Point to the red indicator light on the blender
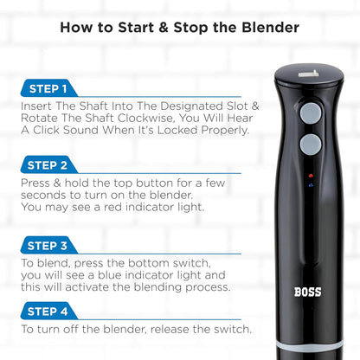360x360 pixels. pyautogui.click(x=310, y=176)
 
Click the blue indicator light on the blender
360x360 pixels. pyautogui.click(x=310, y=186)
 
